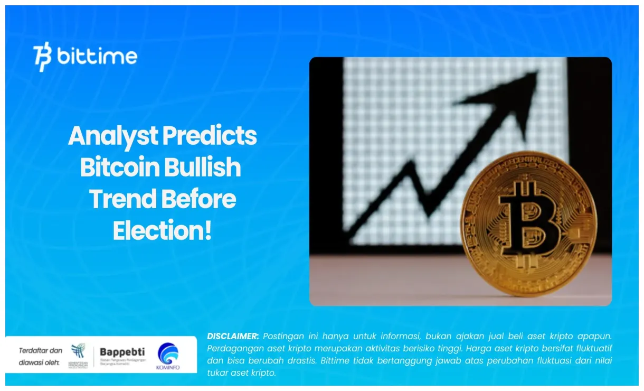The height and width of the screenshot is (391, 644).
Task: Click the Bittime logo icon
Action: tap(43, 57)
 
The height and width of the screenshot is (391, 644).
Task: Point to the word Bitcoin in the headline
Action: tap(119, 167)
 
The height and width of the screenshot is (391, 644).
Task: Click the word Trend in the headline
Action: tap(122, 199)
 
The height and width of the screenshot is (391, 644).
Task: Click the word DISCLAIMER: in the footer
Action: tap(233, 336)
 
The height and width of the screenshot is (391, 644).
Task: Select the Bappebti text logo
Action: tap(122, 352)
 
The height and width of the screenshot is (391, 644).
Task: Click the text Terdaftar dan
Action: tap(41, 350)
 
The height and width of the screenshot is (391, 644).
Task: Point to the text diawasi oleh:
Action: tap(40, 362)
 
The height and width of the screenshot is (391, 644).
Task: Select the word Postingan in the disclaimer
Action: tap(285, 336)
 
